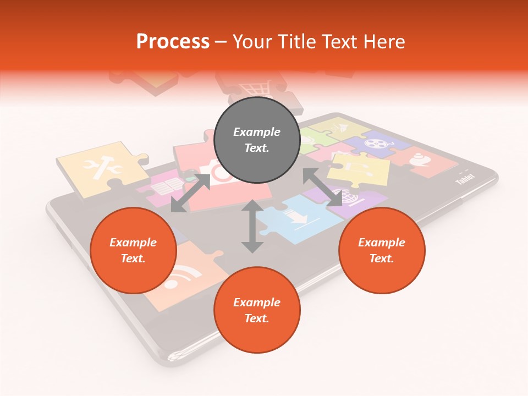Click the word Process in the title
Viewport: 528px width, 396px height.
[x=173, y=42]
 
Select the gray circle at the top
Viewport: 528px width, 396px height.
[x=256, y=140]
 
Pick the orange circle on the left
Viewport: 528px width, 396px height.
[x=133, y=250]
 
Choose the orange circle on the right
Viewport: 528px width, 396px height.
[x=382, y=250]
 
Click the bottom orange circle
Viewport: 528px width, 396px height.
[x=257, y=310]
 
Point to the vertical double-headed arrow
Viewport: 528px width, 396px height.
[x=252, y=226]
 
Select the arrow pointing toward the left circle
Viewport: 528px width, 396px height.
[x=190, y=193]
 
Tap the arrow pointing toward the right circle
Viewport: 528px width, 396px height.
[x=323, y=188]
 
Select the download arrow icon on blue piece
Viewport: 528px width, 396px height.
[x=298, y=218]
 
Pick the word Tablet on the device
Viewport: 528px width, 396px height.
[x=465, y=180]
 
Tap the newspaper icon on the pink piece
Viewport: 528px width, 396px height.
[x=162, y=187]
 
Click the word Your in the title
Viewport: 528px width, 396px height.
[x=254, y=42]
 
